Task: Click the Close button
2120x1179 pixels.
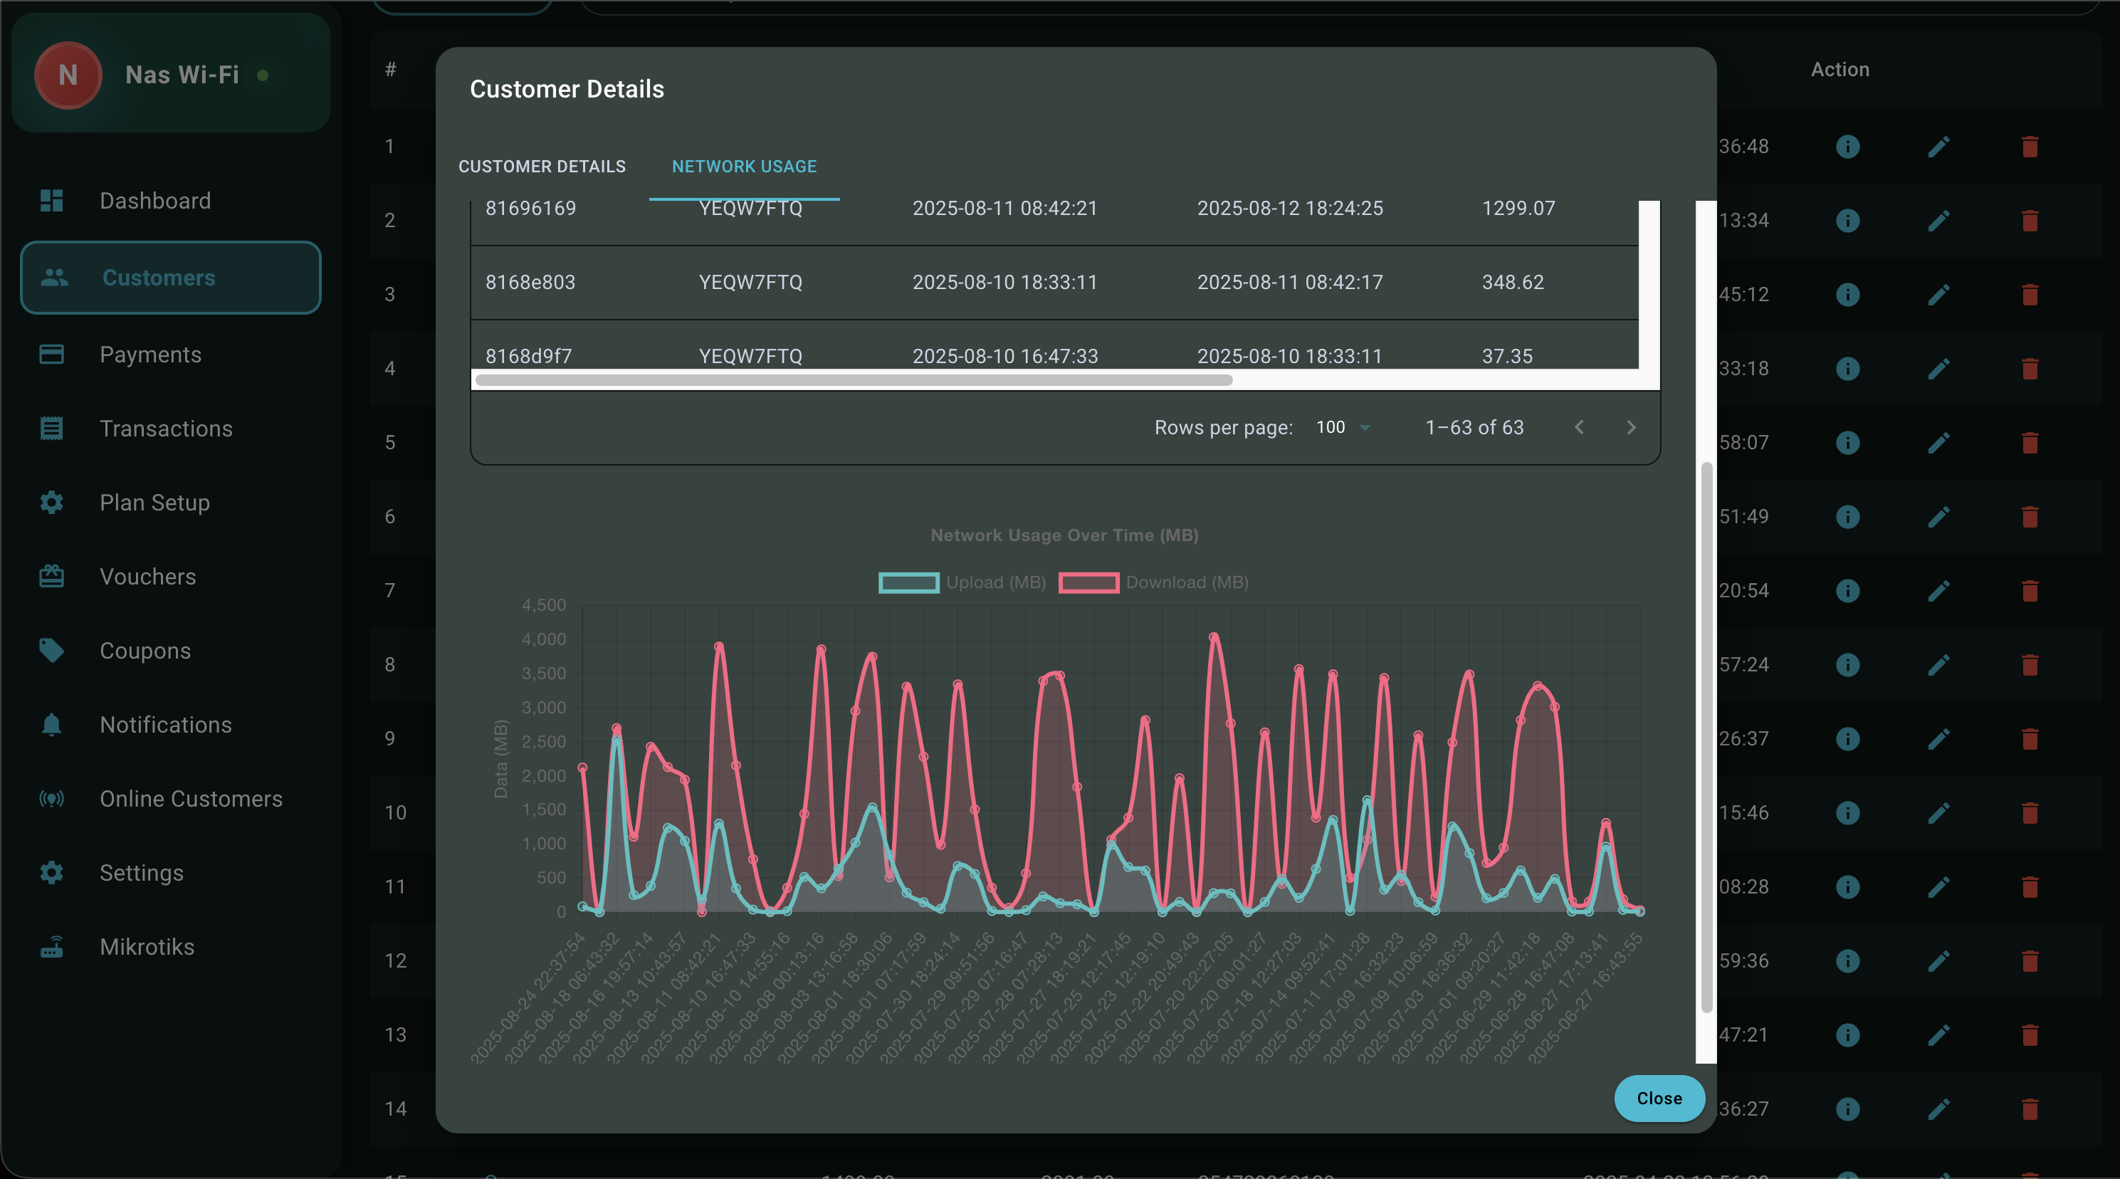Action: pyautogui.click(x=1658, y=1098)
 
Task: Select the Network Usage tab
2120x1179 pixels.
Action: pyautogui.click(x=744, y=167)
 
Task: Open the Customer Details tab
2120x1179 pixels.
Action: pyautogui.click(x=542, y=167)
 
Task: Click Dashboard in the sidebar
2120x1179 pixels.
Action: pyautogui.click(x=154, y=201)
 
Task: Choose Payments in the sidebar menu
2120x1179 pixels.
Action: pyautogui.click(x=149, y=355)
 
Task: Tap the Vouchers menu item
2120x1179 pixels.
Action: pyautogui.click(x=147, y=576)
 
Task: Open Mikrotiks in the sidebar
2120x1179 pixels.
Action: pyautogui.click(x=147, y=947)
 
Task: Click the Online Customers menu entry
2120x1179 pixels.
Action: pyautogui.click(x=190, y=799)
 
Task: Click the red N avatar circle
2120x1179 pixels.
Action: pyautogui.click(x=68, y=75)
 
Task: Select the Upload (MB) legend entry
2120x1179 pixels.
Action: pyautogui.click(x=962, y=582)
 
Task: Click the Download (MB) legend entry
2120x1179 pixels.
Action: pyautogui.click(x=1153, y=582)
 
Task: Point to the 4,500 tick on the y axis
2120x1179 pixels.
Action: pyautogui.click(x=544, y=605)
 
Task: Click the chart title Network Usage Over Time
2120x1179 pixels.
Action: pyautogui.click(x=1064, y=535)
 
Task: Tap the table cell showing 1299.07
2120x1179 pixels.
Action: pyautogui.click(x=1518, y=209)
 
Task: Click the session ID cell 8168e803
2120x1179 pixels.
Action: pyautogui.click(x=530, y=283)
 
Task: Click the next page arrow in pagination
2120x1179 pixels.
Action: pyautogui.click(x=1630, y=427)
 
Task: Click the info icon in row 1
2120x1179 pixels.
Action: pyautogui.click(x=1847, y=147)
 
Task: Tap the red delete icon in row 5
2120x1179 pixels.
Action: pyautogui.click(x=2030, y=443)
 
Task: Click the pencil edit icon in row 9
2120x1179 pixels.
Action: pyautogui.click(x=1938, y=738)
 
